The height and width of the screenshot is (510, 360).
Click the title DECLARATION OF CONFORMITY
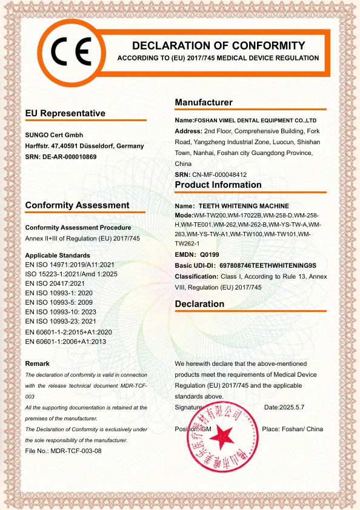pyautogui.click(x=218, y=45)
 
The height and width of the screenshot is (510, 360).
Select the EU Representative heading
pyautogui.click(x=65, y=113)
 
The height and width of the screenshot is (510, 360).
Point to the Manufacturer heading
pyautogui.click(x=204, y=102)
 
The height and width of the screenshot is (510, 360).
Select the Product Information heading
pyautogui.click(x=218, y=185)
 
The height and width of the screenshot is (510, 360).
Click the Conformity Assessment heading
pyautogui.click(x=77, y=205)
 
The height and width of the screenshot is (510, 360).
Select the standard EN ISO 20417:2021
pyautogui.click(x=55, y=283)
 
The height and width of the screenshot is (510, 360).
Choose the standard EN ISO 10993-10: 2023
pyautogui.click(x=61, y=312)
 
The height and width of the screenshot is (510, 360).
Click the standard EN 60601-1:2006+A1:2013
pyautogui.click(x=65, y=342)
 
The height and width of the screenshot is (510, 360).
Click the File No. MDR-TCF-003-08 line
pyautogui.click(x=63, y=451)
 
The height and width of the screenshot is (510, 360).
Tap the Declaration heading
pyautogui.click(x=199, y=303)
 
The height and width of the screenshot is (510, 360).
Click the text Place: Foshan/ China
pyautogui.click(x=292, y=429)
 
